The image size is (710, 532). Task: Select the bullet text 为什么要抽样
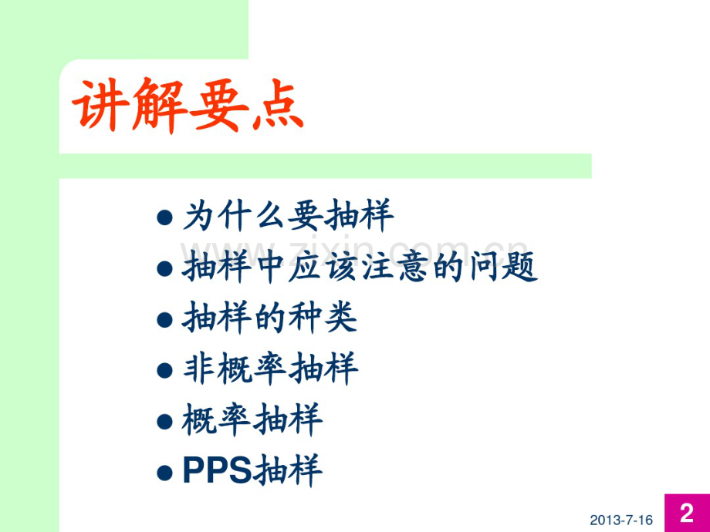(x=288, y=217)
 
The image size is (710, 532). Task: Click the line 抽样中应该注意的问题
(x=360, y=268)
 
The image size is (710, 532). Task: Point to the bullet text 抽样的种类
(x=270, y=318)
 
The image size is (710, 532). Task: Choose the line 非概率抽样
(x=270, y=369)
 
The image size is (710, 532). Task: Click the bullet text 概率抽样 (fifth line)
(x=252, y=420)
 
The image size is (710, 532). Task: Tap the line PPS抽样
(x=252, y=471)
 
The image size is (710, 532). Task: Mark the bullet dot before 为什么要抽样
(x=164, y=218)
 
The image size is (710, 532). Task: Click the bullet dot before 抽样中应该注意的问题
(x=164, y=269)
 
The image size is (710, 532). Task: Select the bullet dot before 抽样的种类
(x=164, y=319)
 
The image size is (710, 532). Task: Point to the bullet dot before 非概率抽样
(x=164, y=371)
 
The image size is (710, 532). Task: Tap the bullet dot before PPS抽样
(x=164, y=473)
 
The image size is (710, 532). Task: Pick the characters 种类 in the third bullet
(x=323, y=318)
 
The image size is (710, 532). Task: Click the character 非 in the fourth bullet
(x=199, y=369)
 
